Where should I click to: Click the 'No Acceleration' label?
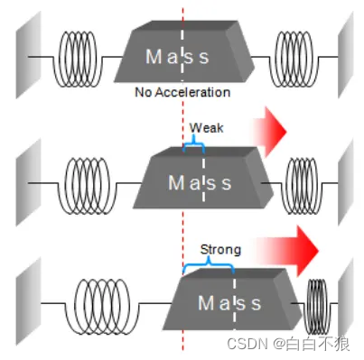coord(182,92)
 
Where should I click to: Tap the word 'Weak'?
coord(206,129)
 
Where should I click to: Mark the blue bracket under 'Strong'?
coord(208,263)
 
